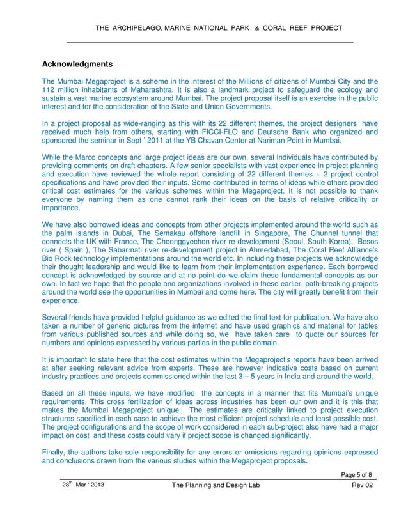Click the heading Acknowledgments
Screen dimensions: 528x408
click(x=77, y=65)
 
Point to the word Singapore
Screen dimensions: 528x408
click(x=283, y=233)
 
